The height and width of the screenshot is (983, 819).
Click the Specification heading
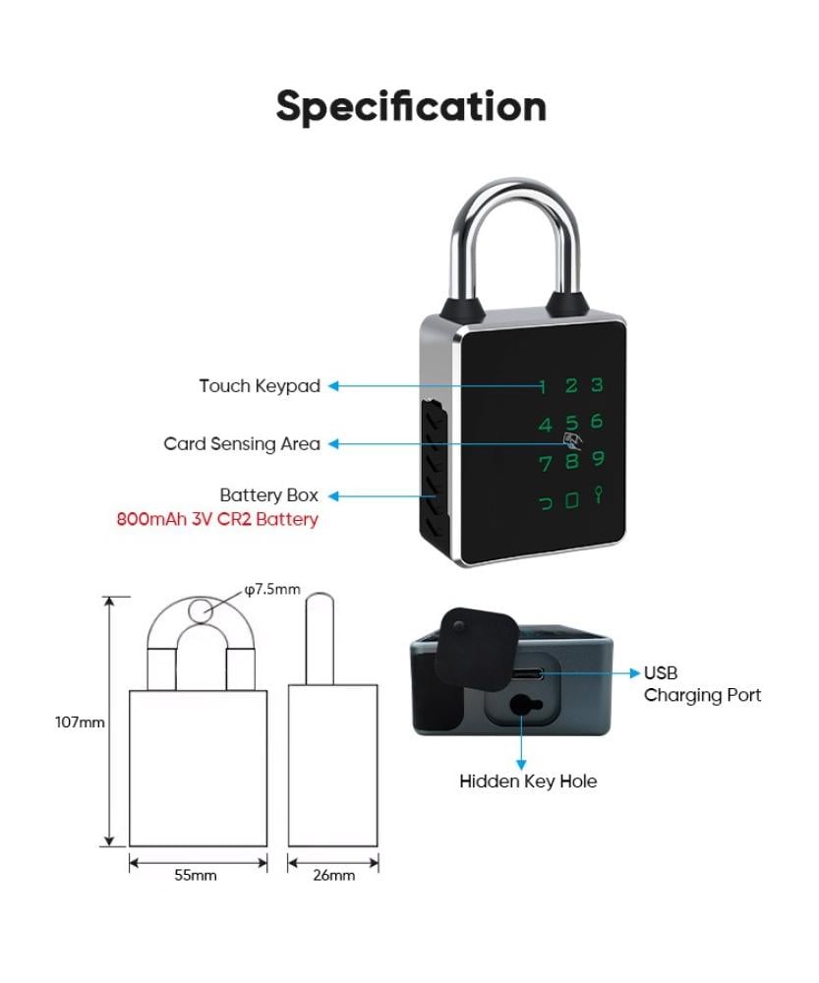point(410,106)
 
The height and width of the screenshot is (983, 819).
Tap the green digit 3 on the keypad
point(596,386)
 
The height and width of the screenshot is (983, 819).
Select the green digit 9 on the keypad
point(598,459)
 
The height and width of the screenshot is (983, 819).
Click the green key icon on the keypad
point(598,496)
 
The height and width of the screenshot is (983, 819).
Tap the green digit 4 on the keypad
point(545,426)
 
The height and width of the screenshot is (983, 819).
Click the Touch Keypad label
point(260,386)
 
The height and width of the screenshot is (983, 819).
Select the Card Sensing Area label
point(242,444)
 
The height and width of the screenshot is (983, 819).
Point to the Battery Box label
point(268,495)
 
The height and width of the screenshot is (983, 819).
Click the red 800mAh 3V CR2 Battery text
point(217,519)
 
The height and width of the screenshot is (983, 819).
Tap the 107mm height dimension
point(79,723)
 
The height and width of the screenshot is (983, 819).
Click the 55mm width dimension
point(197,875)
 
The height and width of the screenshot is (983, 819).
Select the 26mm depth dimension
point(333,875)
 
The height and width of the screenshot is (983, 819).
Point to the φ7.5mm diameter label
point(272,590)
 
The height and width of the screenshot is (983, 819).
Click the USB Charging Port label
point(701,684)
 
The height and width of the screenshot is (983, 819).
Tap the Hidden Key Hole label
point(528,781)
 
